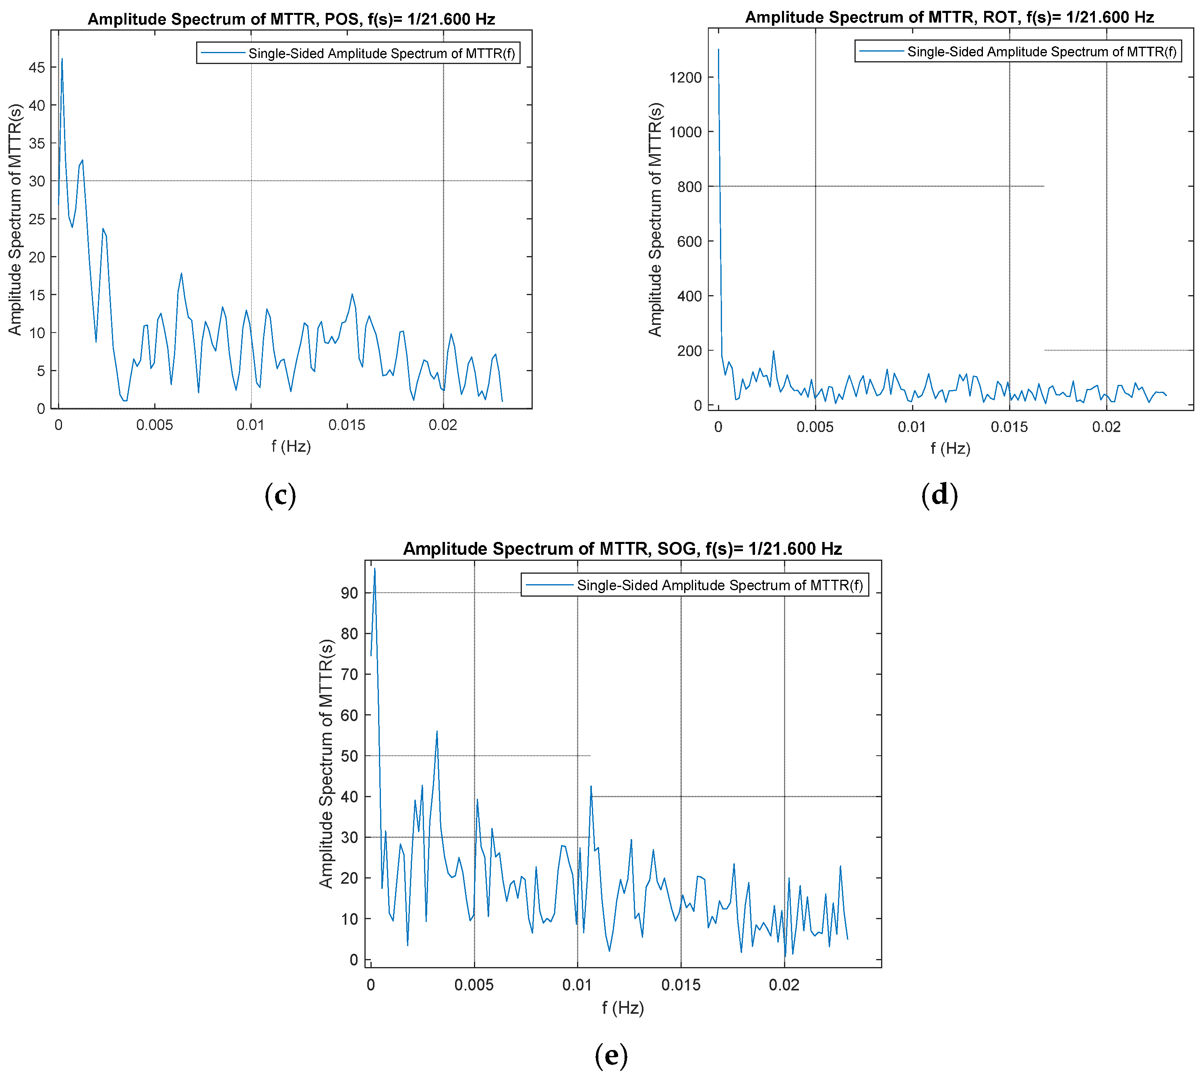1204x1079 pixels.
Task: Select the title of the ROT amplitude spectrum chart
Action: [x=949, y=17]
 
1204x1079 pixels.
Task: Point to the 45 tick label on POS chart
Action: [x=37, y=68]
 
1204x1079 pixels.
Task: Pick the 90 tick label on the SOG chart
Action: [x=349, y=593]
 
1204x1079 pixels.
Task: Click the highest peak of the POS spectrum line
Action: [x=62, y=59]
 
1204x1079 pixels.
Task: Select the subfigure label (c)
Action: [x=280, y=495]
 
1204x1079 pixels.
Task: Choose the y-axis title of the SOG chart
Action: [x=326, y=764]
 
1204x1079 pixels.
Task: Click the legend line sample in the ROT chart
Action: [x=881, y=52]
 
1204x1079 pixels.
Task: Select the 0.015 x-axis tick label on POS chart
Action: [x=347, y=425]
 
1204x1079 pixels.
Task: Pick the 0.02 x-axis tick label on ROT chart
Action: [x=1106, y=427]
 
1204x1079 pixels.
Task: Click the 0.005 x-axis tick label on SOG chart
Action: [x=474, y=985]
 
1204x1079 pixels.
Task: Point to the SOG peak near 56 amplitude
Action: [x=437, y=732]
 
